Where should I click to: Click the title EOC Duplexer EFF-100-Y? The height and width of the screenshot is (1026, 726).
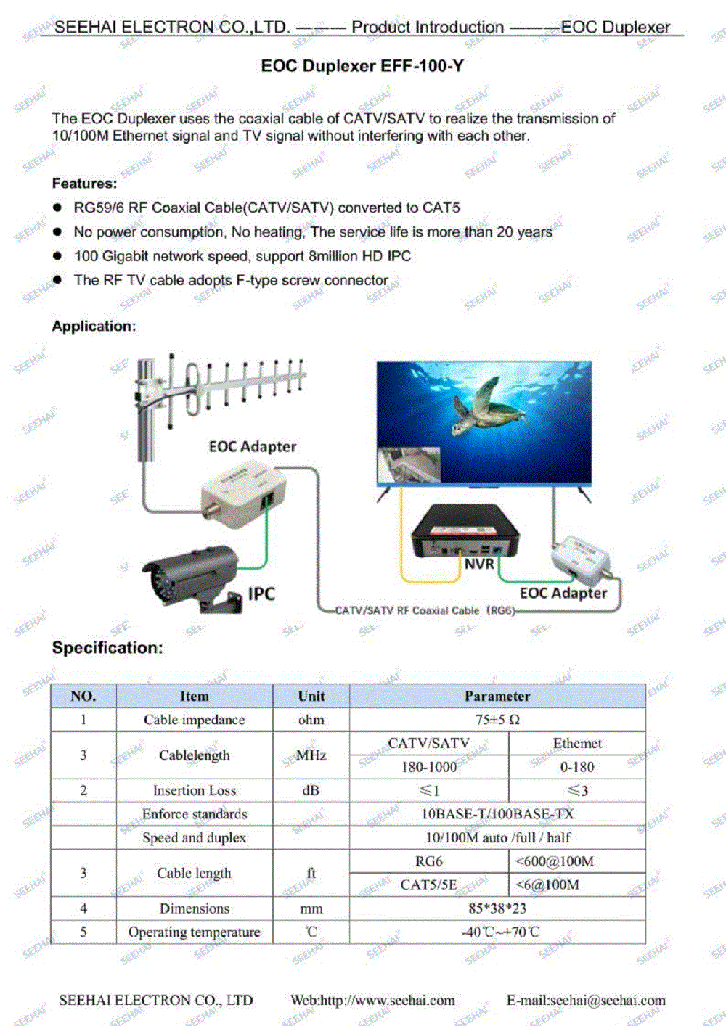[362, 66]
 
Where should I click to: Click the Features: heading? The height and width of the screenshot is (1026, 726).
[84, 184]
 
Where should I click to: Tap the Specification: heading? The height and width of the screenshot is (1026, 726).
[107, 647]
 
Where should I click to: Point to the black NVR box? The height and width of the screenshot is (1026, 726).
[465, 533]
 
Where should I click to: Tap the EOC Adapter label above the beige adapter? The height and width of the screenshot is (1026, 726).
[252, 446]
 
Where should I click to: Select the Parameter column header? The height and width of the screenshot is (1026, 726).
[497, 696]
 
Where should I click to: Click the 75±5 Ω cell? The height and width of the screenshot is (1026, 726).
[497, 720]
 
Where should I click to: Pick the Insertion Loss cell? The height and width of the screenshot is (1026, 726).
[195, 790]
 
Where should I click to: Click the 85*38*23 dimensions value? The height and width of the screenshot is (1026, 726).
[497, 908]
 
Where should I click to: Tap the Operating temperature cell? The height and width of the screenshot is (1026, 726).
[195, 932]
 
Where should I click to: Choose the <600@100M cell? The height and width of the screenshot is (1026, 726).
[555, 861]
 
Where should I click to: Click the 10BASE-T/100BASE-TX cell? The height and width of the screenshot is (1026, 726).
[497, 814]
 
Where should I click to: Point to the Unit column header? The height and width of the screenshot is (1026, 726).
[311, 696]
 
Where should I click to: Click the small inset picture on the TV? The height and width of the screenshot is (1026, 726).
[409, 464]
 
